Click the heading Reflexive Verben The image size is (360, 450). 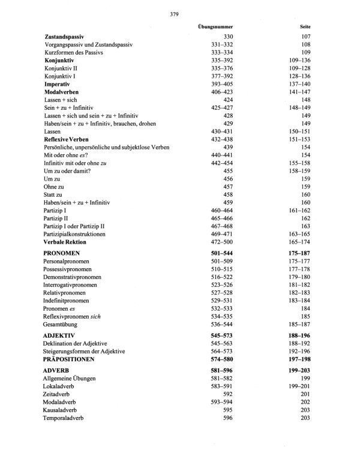coord(70,139)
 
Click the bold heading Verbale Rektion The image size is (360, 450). coord(74,242)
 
